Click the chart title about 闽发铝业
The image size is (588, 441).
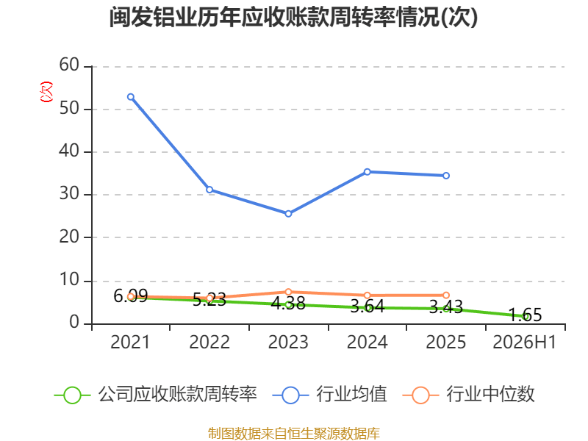pos(293,17)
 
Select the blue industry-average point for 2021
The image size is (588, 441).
pos(131,97)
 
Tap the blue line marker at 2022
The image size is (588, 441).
pos(209,190)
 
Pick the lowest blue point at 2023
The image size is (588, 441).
pos(288,214)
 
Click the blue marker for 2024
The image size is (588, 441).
pos(367,172)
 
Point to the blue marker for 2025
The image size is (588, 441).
pos(446,176)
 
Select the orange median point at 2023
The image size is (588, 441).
pos(288,292)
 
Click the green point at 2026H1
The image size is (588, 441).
pos(525,317)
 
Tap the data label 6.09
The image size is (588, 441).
pos(131,296)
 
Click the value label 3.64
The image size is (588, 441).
pos(367,306)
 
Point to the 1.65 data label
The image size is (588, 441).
pos(525,315)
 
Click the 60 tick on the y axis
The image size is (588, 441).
pos(69,65)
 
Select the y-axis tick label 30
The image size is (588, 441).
pos(69,194)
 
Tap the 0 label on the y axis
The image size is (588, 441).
pos(74,323)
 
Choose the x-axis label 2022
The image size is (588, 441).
pos(209,342)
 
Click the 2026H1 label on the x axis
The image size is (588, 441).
pos(524,342)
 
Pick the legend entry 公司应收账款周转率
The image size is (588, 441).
pos(156,395)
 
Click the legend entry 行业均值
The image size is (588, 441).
pos(329,395)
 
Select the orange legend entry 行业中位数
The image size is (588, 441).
pos(468,395)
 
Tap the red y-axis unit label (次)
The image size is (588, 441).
pos(46,92)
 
